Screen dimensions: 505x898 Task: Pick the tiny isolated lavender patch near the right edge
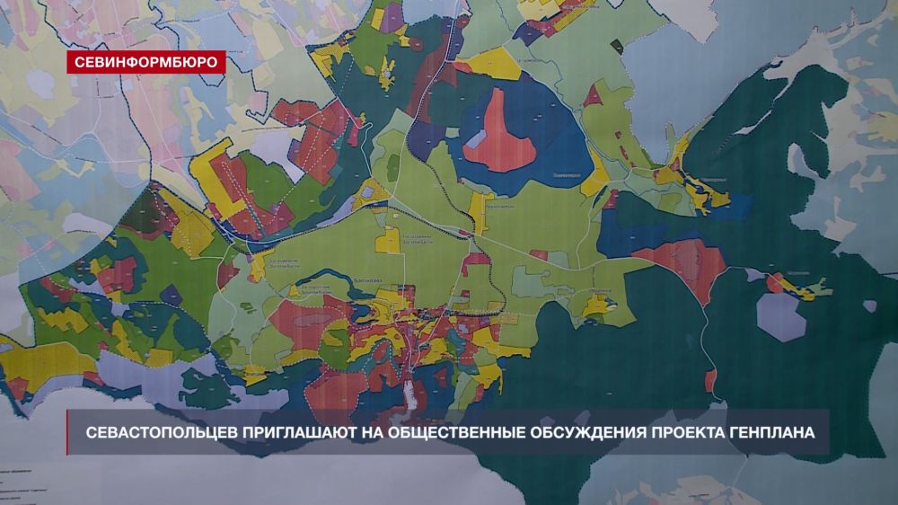pyautogui.click(x=868, y=306)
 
